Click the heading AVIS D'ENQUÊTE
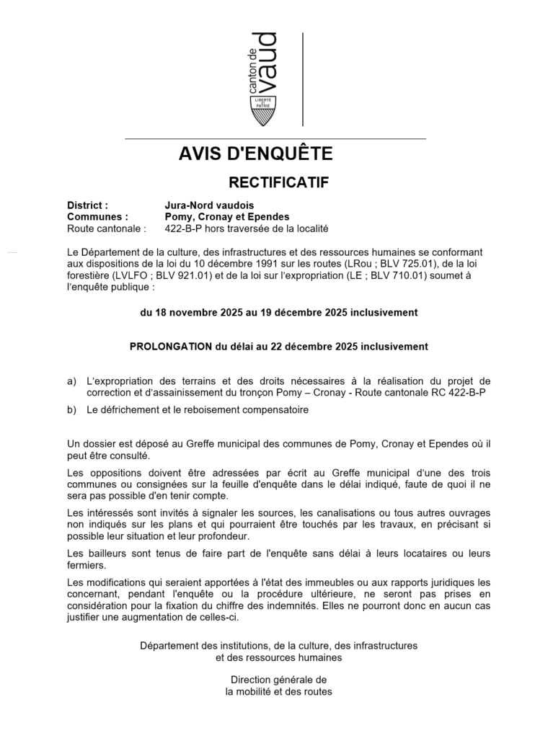[255, 154]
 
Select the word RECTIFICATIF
[278, 182]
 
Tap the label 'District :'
[87, 205]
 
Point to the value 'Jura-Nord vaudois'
[209, 205]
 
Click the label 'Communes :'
[97, 217]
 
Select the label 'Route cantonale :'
[106, 228]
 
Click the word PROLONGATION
[170, 347]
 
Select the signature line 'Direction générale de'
[278, 680]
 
